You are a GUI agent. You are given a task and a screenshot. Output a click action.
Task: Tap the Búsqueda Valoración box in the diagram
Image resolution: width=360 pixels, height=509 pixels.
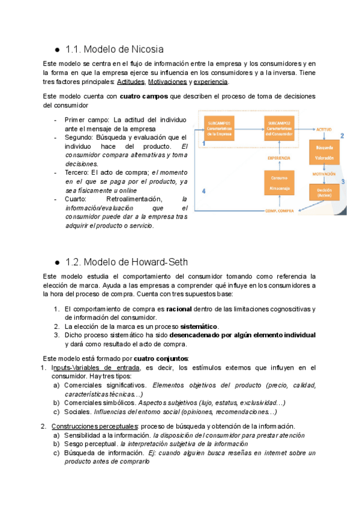tap(326, 154)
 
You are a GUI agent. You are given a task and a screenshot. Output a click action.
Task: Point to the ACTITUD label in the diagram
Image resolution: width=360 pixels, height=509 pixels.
tap(323, 129)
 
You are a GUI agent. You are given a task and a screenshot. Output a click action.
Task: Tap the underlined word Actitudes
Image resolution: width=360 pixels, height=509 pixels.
tap(131, 82)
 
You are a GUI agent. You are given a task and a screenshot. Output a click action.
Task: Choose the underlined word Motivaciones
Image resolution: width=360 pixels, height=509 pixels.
tap(167, 82)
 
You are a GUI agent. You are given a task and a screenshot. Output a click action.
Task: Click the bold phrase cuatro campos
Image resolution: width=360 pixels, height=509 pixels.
tap(144, 96)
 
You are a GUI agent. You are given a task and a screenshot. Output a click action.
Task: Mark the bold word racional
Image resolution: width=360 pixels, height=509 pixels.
tap(179, 309)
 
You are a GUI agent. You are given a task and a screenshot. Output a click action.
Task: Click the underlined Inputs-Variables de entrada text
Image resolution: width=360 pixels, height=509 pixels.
tap(96, 367)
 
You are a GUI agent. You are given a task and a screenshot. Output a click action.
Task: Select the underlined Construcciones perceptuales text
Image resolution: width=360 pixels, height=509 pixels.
tap(87, 426)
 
